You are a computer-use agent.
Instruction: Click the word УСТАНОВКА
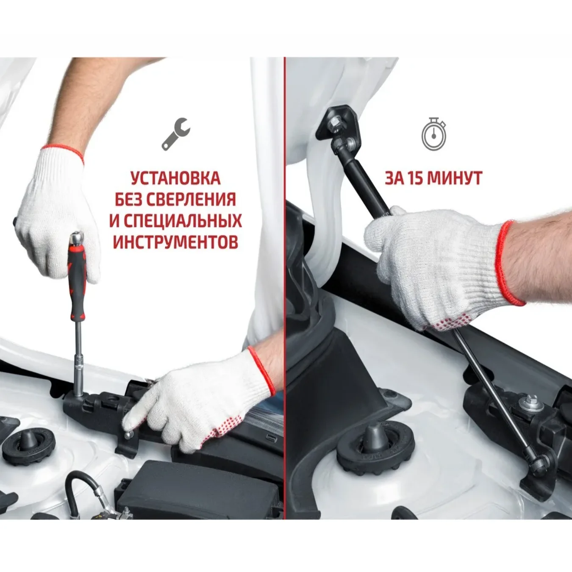click(175, 178)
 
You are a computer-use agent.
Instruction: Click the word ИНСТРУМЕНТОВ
click(175, 242)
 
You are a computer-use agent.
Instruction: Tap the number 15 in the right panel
click(416, 178)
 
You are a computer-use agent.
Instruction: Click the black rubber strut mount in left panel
click(24, 443)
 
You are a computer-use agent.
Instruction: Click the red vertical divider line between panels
click(285, 288)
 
